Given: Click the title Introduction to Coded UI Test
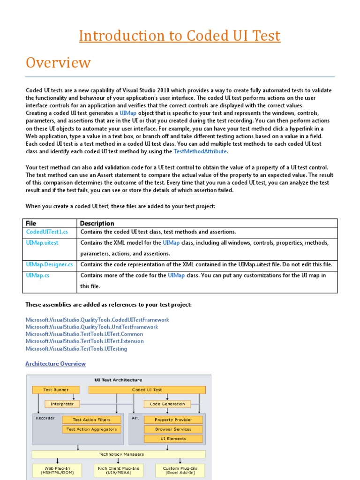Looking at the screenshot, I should pos(180,36).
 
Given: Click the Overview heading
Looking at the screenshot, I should pos(58,62).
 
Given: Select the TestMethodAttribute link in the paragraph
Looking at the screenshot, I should pos(200,151).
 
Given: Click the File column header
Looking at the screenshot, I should pos(31,223).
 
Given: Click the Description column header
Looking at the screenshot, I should pos(97,223).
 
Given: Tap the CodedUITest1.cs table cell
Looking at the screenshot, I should pos(47,232).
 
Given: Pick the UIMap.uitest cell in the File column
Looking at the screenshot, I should pos(42,243).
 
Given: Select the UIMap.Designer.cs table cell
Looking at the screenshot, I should pos(49,264).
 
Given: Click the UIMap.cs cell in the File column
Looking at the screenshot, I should pos(37,276).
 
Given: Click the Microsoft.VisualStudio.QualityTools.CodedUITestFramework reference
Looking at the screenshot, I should pos(97,320).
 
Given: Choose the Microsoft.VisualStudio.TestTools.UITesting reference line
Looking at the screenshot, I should pos(76,349).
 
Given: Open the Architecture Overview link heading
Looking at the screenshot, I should pos(56,364).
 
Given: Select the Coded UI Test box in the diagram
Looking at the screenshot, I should pos(147,390).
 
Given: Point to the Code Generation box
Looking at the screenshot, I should pos(167,404).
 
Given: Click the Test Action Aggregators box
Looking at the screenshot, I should pos(91,429).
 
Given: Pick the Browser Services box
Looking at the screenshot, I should pos(173,429).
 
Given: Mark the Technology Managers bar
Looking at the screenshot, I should pos(118,454).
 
